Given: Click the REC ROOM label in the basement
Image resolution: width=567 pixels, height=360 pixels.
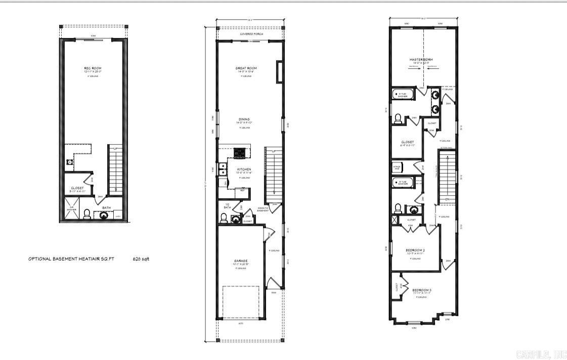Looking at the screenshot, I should [x=93, y=68].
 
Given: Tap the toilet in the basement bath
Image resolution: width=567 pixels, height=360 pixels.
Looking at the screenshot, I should [x=86, y=214].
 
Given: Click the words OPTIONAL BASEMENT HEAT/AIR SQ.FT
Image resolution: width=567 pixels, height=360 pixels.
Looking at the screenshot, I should [x=71, y=258].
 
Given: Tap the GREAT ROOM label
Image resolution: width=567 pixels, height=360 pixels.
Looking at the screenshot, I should [x=246, y=68].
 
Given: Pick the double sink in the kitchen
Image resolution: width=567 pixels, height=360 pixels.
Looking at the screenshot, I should [x=222, y=172].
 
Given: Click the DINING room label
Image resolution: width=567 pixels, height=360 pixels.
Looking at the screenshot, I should [x=244, y=119].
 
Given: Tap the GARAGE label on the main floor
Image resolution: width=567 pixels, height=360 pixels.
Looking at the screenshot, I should [x=241, y=261].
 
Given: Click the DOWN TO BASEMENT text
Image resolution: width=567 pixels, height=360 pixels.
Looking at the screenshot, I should [x=263, y=208].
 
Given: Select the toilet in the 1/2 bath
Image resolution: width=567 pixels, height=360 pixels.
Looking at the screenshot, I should [x=223, y=218].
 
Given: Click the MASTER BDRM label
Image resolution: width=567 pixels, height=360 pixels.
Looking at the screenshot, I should [x=421, y=60].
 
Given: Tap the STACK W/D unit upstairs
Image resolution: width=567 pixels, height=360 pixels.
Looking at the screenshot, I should [x=398, y=167].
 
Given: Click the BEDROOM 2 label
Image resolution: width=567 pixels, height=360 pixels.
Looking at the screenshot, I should [x=415, y=250].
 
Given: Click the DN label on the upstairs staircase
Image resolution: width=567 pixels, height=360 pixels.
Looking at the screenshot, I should [x=448, y=199].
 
